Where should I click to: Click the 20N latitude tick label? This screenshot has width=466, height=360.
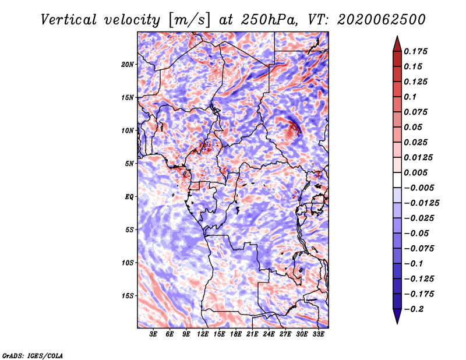coord(128,65)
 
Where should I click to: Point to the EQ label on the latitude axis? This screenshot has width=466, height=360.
coord(129,197)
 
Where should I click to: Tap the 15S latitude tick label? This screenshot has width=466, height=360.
coord(128,296)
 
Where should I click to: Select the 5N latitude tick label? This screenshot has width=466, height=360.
coord(129,164)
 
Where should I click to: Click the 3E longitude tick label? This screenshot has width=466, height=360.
coord(153,334)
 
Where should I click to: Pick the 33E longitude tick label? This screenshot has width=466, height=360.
coord(318,334)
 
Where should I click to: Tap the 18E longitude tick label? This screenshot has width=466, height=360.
coord(236,334)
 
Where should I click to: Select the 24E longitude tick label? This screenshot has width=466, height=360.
coord(269,334)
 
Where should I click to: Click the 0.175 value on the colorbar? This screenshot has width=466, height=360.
coord(415,51)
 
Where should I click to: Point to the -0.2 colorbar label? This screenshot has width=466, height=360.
coord(414,309)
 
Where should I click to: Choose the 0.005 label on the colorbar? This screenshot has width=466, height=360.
coord(415,172)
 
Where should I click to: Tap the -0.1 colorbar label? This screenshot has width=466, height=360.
coord(414,264)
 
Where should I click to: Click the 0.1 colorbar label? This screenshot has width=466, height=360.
coord(410,97)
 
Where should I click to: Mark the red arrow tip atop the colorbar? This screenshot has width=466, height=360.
coord(397,37)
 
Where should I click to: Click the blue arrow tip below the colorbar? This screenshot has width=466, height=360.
coord(397,323)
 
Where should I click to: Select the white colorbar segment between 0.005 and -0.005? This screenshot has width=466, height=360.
coord(397,180)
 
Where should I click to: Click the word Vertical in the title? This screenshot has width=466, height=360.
coord(69,20)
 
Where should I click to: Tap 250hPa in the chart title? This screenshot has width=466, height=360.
coord(269,20)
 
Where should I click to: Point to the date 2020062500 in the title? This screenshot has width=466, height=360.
coord(382,20)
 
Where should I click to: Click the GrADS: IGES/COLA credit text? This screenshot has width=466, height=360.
coord(33,356)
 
